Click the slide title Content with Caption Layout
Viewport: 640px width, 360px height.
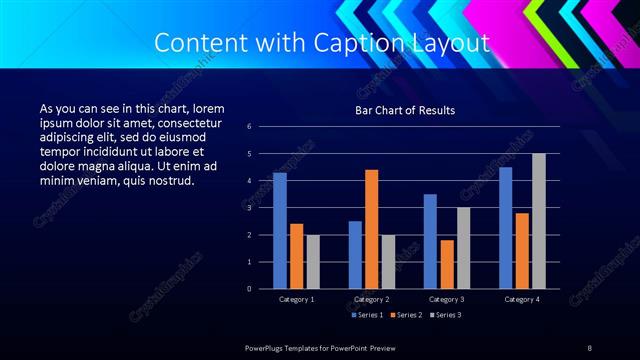click(323, 44)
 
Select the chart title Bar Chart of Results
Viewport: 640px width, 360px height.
click(405, 109)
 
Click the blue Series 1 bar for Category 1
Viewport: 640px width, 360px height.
click(280, 231)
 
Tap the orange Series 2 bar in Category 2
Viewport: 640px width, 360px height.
click(372, 229)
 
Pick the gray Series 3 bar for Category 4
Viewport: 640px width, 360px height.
click(538, 221)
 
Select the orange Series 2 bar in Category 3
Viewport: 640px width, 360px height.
click(446, 264)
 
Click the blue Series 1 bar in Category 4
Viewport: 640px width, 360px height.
click(505, 228)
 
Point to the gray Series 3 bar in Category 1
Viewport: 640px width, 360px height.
click(313, 262)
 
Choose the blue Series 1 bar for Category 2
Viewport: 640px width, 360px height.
click(355, 255)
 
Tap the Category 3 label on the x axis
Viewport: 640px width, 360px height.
click(446, 299)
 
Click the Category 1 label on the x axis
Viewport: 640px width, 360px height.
click(297, 299)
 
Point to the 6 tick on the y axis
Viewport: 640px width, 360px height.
click(263, 126)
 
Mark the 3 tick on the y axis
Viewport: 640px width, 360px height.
click(263, 207)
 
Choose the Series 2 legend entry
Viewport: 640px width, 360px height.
click(405, 315)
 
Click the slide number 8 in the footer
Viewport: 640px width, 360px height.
click(589, 346)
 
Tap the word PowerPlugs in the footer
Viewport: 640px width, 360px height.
click(265, 346)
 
